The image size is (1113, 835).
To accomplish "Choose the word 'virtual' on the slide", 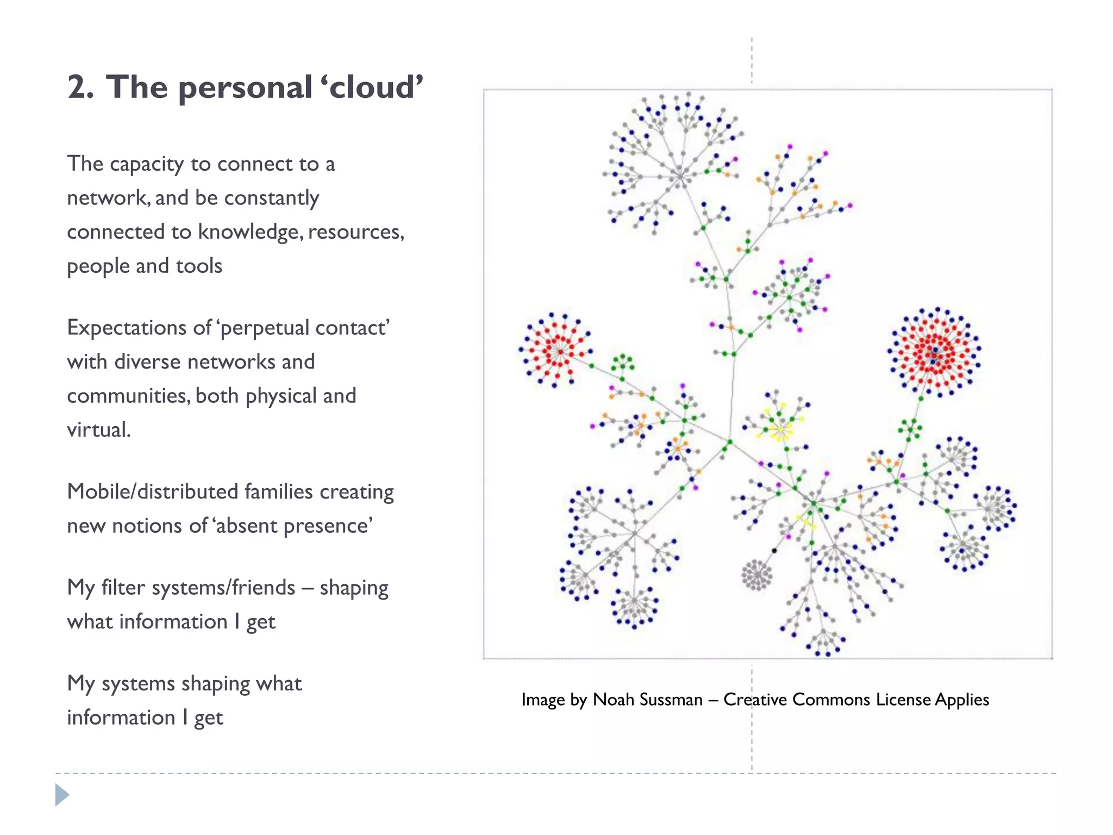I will coord(98,429).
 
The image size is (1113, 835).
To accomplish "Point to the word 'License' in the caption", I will coord(903,699).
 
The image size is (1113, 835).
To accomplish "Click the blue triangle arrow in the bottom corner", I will coord(62,795).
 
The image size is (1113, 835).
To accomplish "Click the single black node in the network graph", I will coord(774,551).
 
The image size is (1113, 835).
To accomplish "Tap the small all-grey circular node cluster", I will coord(756,575).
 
